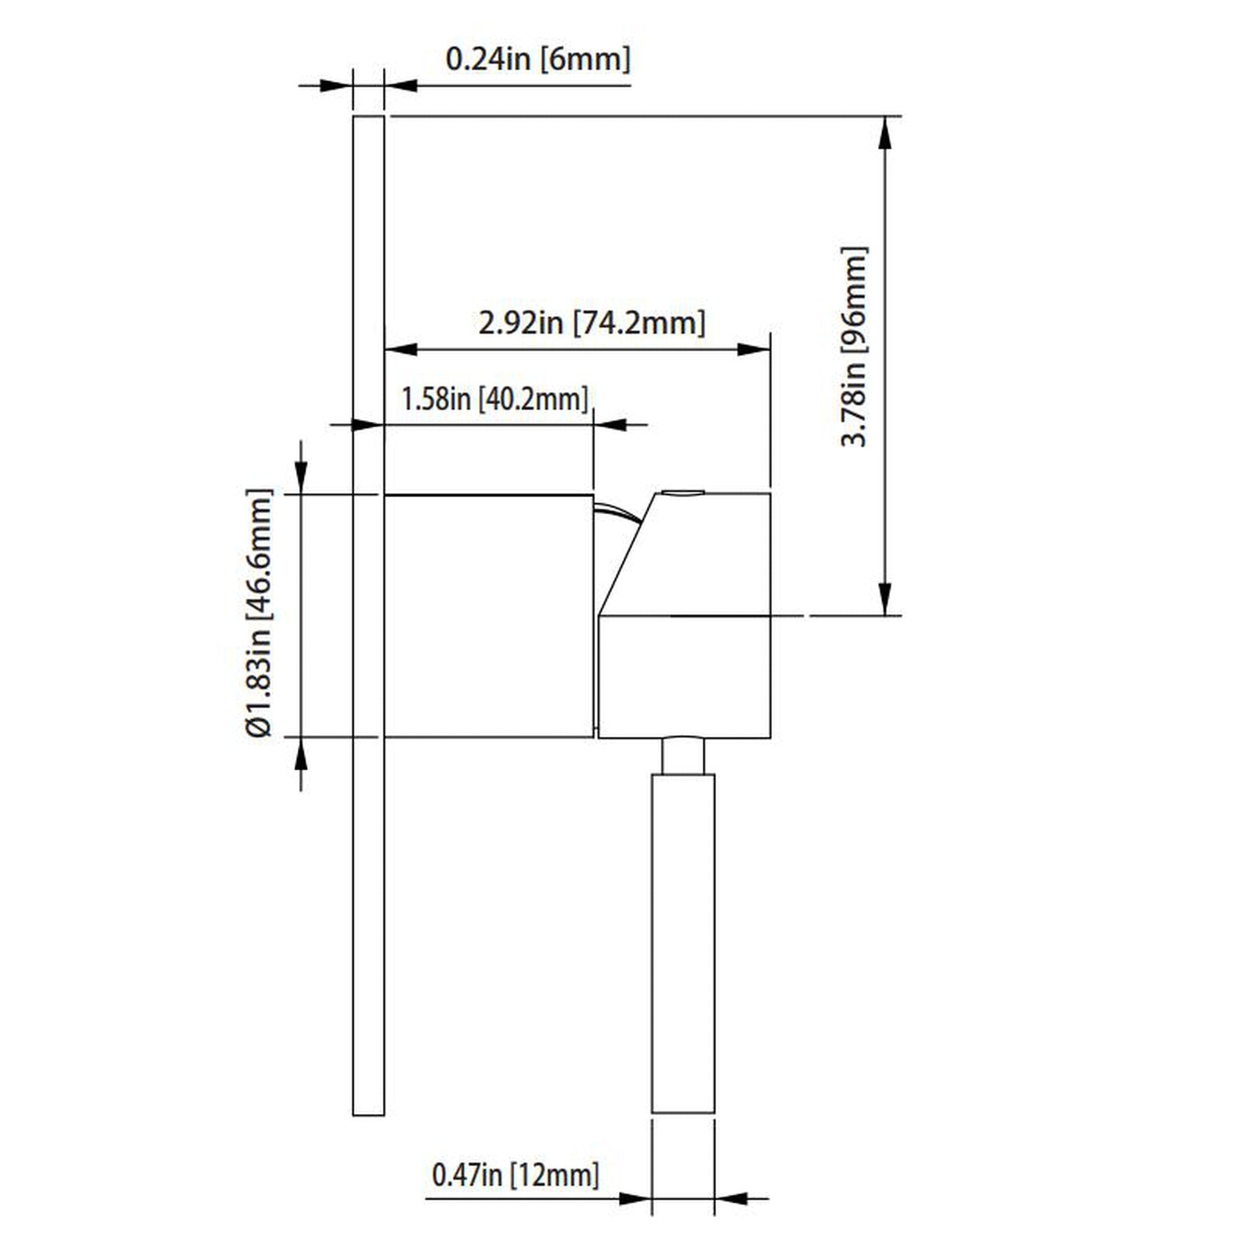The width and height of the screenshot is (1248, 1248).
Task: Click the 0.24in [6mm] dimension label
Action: (x=537, y=60)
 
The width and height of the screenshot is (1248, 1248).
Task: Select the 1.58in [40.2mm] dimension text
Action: (x=495, y=398)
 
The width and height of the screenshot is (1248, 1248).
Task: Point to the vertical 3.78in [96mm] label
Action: (x=854, y=346)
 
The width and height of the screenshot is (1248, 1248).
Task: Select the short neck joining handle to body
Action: (x=683, y=756)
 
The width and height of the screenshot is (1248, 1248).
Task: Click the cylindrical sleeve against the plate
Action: (x=488, y=616)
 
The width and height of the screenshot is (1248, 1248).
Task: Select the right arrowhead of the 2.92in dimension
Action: (x=753, y=350)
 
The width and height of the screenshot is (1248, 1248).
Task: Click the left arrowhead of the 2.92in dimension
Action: (x=402, y=350)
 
